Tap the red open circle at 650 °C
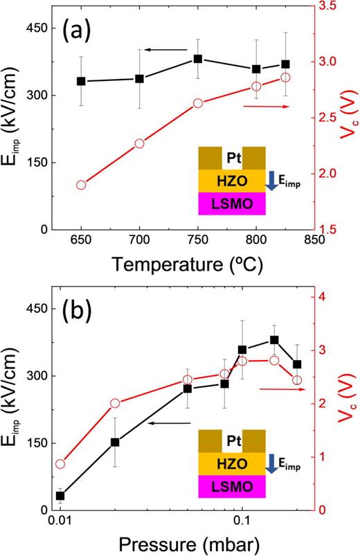tap(81, 185)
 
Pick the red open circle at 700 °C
tap(139, 143)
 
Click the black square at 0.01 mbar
tap(60, 496)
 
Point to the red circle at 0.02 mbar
tap(115, 404)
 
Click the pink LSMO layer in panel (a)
tap(231, 202)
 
